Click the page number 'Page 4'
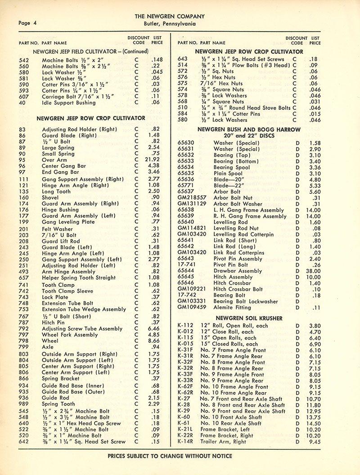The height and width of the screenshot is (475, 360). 28,23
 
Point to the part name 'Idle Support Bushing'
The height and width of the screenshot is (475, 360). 69,103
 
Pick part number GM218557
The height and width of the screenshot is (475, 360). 192,197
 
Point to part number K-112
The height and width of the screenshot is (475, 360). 185,326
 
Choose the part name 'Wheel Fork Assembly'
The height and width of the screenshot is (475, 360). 70,335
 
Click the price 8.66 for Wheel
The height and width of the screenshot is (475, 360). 154,341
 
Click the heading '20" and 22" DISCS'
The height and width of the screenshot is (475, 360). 249,134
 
